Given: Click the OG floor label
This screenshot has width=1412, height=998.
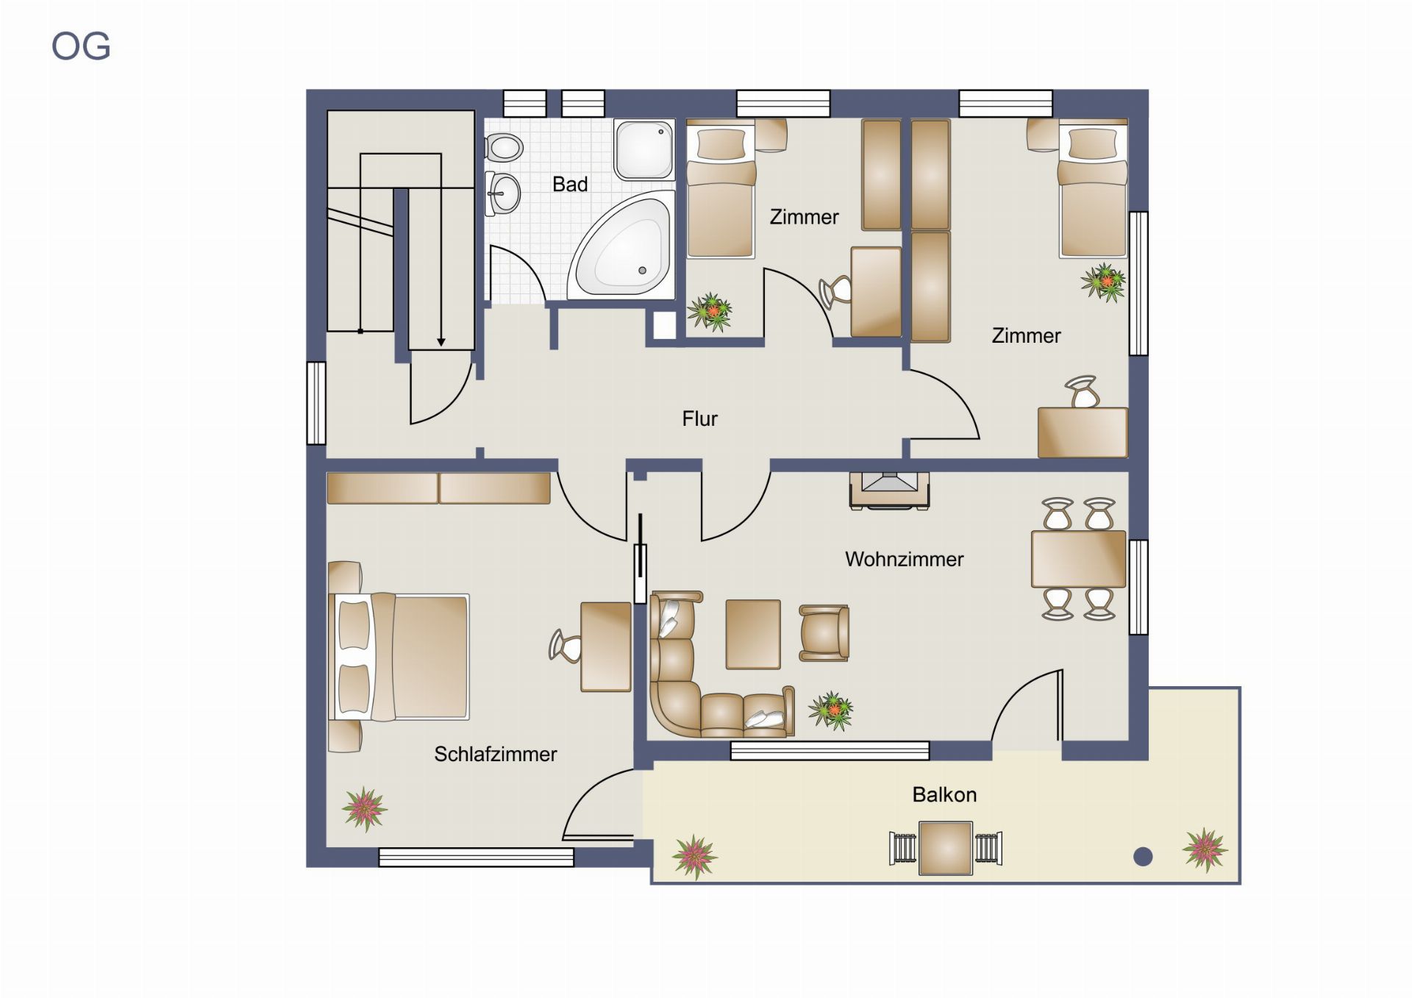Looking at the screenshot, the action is (x=81, y=46).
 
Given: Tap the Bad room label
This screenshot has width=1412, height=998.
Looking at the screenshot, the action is (x=570, y=184).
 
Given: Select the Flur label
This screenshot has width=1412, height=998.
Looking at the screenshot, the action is (x=699, y=418).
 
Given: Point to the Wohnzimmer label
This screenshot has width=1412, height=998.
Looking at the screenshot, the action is (x=904, y=559).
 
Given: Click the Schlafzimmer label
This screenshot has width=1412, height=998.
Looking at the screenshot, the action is (x=495, y=754).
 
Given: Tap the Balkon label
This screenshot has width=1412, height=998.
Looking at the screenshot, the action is (x=944, y=794).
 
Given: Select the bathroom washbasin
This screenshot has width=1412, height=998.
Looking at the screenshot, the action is (x=503, y=194).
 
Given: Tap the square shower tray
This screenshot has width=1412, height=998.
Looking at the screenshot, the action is (x=644, y=151).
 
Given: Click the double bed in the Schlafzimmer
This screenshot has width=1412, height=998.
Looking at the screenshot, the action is (x=398, y=657).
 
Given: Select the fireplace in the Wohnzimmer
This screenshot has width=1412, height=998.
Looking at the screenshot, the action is (x=889, y=491).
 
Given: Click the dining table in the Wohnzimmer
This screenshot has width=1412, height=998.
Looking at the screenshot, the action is (x=1078, y=559).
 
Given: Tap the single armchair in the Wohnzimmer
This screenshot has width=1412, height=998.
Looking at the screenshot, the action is (x=824, y=632).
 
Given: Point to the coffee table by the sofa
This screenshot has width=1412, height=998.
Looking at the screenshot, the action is (x=753, y=635).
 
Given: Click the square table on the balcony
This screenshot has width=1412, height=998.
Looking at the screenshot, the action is (x=946, y=848).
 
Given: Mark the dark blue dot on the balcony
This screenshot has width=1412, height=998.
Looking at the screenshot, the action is (x=1143, y=856).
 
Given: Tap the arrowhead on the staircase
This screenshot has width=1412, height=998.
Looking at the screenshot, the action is (x=441, y=342).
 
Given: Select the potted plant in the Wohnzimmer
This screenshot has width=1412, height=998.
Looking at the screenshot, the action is (x=831, y=710).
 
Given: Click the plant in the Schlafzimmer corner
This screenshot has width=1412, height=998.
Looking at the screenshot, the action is (x=365, y=808).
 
